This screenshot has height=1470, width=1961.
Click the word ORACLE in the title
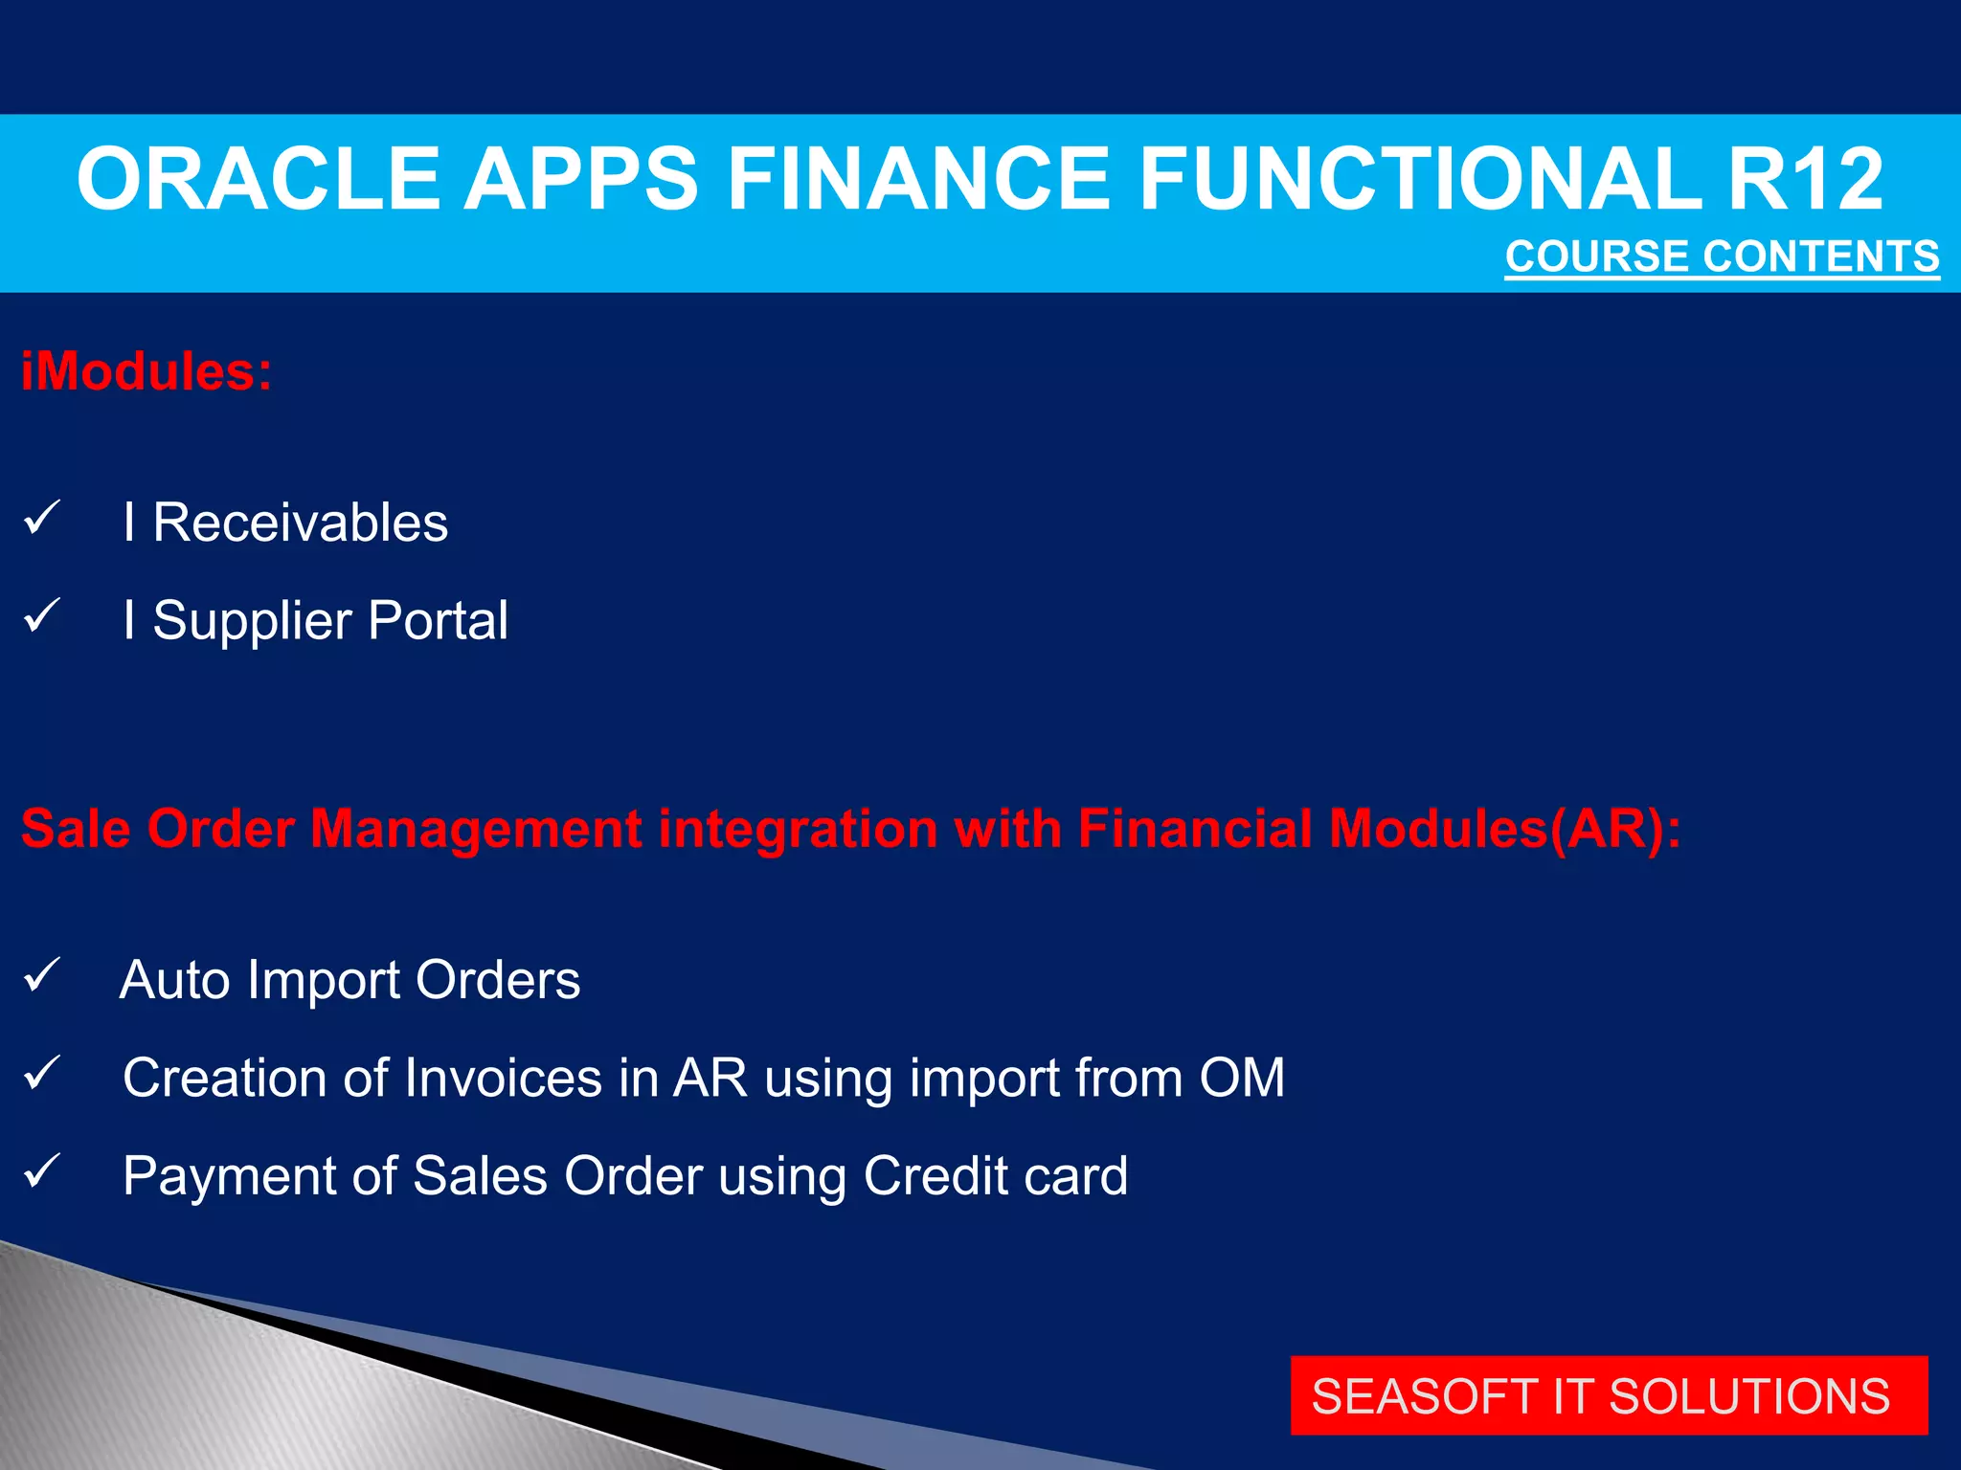click(257, 179)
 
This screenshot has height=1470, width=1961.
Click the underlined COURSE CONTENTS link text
click(1722, 256)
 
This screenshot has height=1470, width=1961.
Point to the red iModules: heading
click(147, 371)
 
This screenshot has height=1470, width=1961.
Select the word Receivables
click(300, 523)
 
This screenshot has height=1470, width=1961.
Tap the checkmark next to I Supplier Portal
click(42, 615)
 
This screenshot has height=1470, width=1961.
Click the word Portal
click(438, 620)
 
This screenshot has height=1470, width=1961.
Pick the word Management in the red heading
click(476, 829)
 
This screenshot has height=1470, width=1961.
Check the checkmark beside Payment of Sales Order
click(42, 1170)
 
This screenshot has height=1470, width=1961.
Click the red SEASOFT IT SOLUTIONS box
click(1609, 1395)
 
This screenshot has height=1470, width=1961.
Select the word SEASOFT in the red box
click(1424, 1396)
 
